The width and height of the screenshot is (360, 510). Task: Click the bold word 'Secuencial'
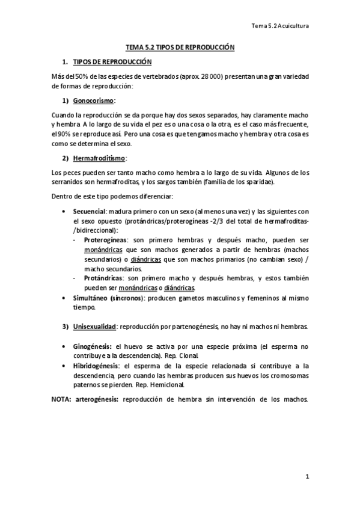90,211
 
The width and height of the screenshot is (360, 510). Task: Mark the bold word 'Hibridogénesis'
96,366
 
